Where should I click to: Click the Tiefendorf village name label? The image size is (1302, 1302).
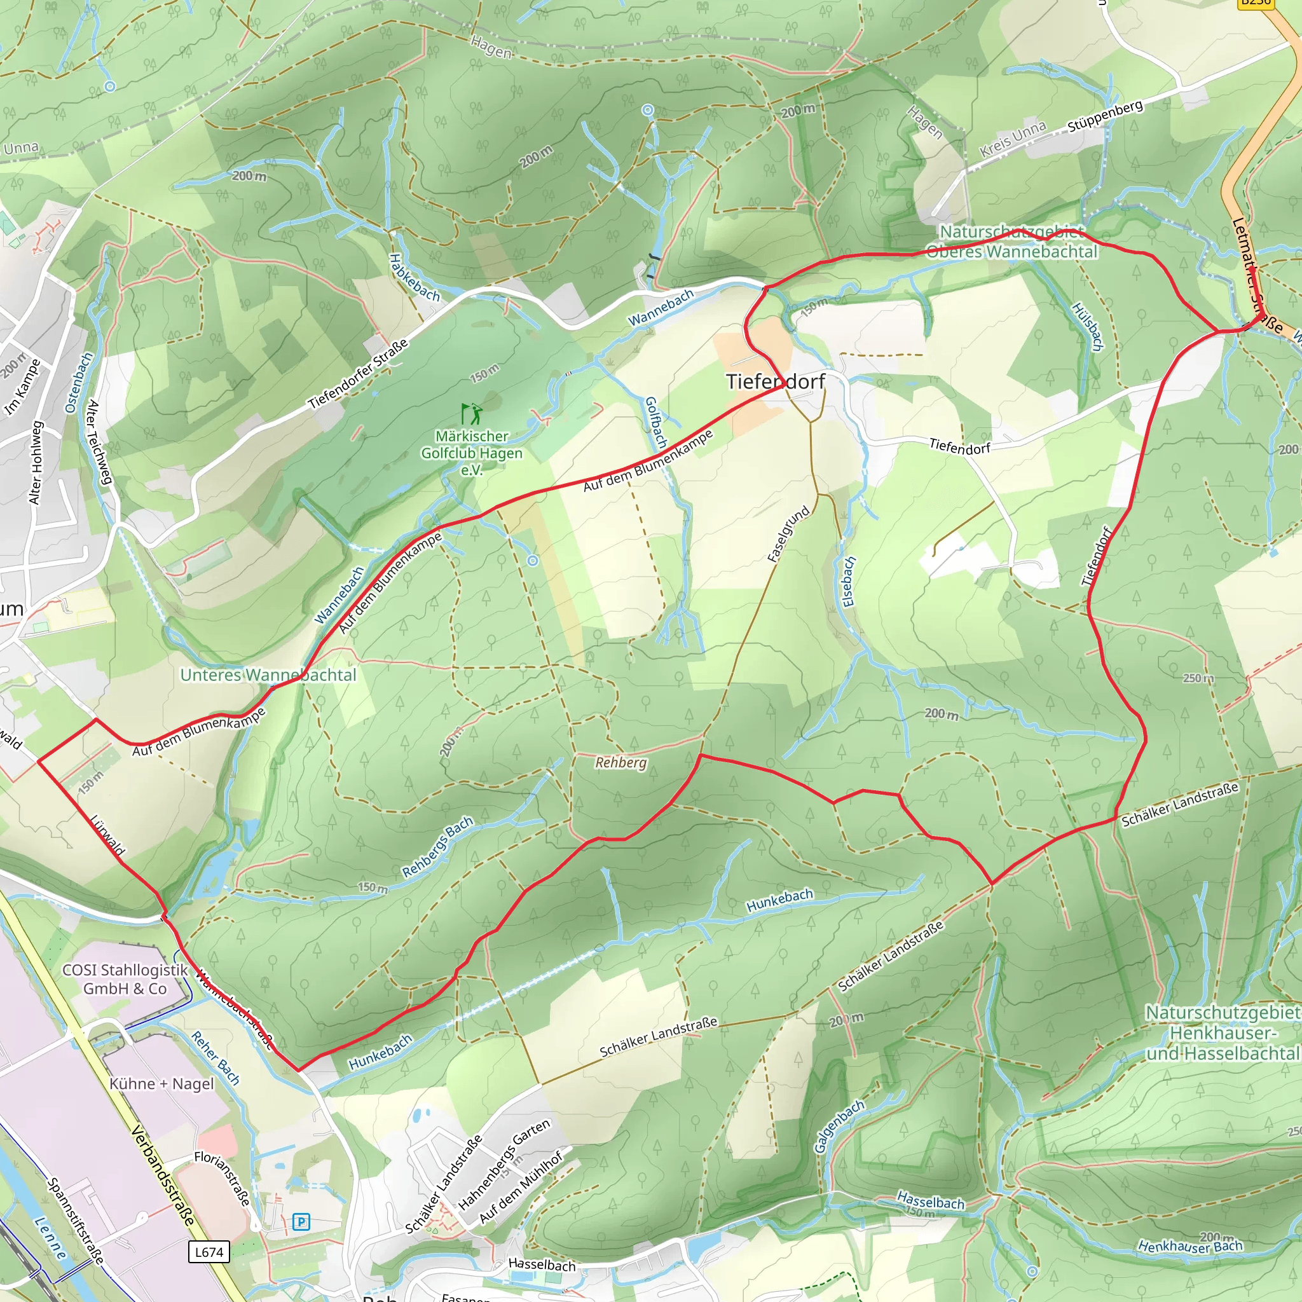[775, 381]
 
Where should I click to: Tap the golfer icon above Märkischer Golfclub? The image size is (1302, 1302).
[472, 413]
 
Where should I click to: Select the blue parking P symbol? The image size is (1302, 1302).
[301, 1222]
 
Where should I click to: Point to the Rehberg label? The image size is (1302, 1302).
[620, 763]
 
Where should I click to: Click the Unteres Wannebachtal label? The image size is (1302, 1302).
[268, 675]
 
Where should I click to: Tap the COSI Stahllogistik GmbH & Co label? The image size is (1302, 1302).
[125, 979]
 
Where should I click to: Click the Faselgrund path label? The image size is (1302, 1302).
[788, 535]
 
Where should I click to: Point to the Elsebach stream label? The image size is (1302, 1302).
[849, 581]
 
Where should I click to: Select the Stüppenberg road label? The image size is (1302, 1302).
[1105, 116]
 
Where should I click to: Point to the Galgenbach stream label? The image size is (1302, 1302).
[839, 1126]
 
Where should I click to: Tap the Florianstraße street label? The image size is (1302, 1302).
[223, 1177]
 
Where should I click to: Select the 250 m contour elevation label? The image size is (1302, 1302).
[1198, 678]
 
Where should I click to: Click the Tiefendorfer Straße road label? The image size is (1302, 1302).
[359, 374]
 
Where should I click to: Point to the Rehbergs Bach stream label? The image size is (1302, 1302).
[438, 847]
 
